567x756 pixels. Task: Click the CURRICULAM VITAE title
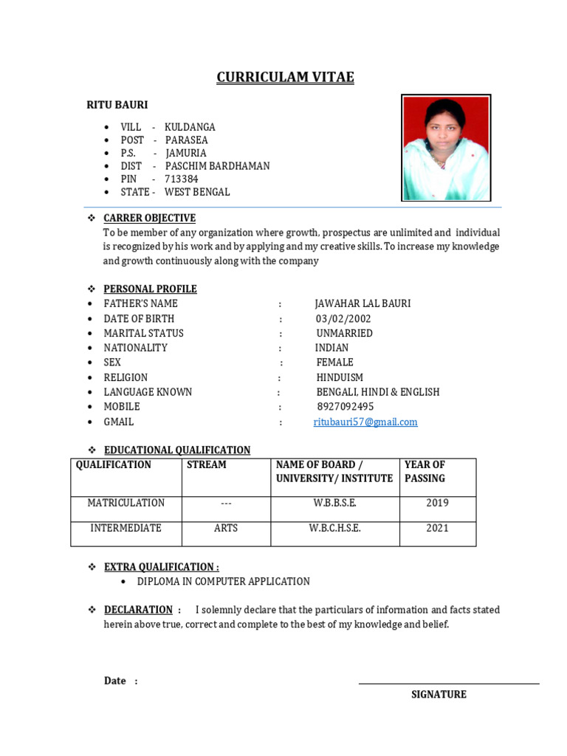[285, 78]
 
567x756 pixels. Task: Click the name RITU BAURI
[117, 106]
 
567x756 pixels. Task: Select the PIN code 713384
[181, 179]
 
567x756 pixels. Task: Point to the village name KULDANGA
[190, 127]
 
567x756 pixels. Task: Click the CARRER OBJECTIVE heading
[149, 218]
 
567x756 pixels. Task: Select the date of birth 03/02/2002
[343, 319]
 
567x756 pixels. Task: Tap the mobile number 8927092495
[345, 407]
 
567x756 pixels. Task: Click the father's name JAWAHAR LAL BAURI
[362, 303]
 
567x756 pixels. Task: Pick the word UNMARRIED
[344, 333]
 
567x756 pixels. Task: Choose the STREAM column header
[207, 465]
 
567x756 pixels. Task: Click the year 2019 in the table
[437, 504]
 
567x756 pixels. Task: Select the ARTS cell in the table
[226, 529]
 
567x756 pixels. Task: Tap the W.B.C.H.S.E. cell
[334, 529]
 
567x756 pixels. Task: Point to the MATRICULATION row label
[126, 504]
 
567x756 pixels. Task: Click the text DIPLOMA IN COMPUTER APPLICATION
[223, 582]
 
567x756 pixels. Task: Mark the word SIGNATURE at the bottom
[439, 695]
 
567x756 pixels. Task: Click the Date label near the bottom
[115, 681]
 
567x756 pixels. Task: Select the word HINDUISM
[340, 377]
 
